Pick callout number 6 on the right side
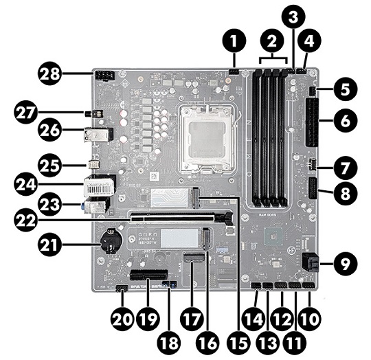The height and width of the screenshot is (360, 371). [343, 121]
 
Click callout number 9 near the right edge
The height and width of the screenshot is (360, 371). [343, 261]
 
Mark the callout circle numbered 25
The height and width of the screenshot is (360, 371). [30, 165]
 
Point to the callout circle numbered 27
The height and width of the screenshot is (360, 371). [30, 112]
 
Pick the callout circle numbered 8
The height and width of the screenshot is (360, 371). [343, 194]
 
